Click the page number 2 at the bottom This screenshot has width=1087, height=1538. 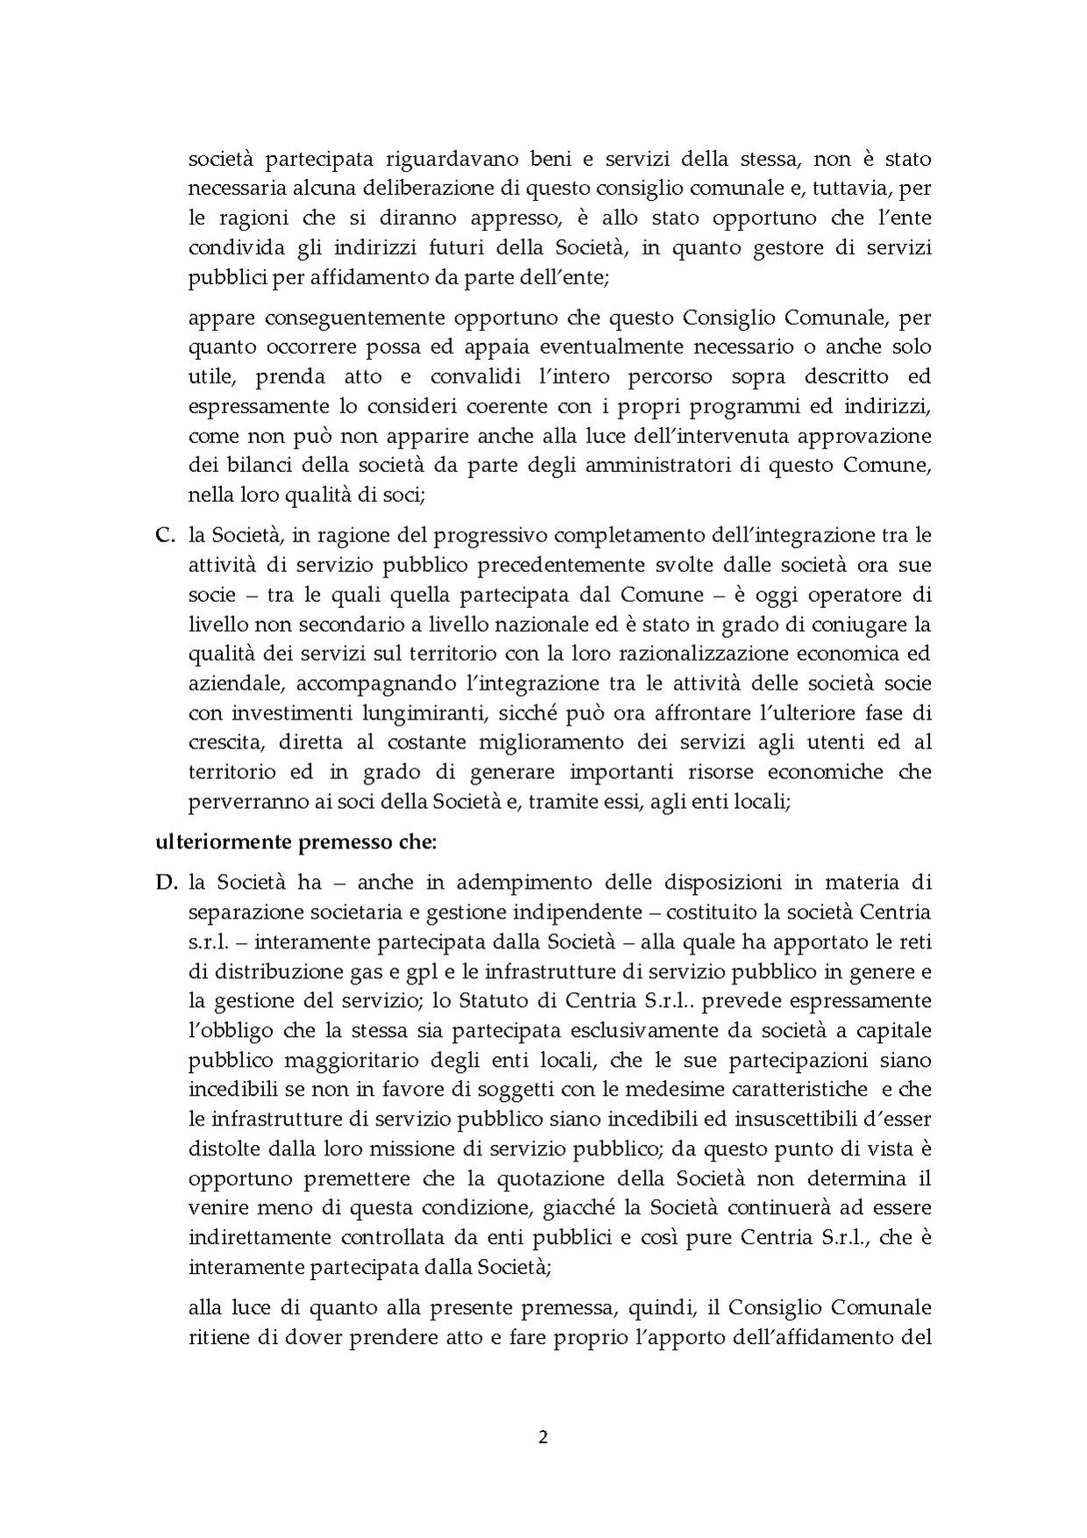(x=543, y=1438)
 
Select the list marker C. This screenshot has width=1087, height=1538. (x=165, y=534)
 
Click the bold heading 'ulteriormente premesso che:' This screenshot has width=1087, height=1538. (x=296, y=843)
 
